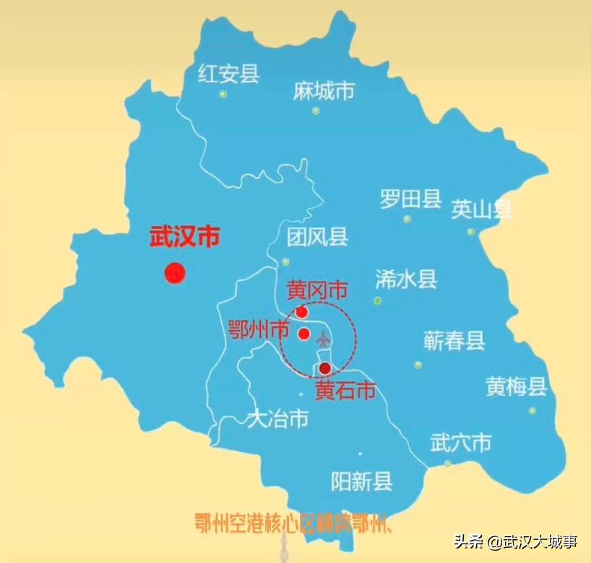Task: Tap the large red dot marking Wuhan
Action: (x=175, y=273)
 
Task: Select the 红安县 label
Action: (x=228, y=74)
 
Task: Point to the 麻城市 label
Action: (x=324, y=91)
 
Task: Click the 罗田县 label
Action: (x=410, y=199)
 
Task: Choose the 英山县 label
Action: (x=481, y=209)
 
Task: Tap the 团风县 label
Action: (x=317, y=237)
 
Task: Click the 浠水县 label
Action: (x=406, y=279)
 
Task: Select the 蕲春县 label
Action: (x=454, y=341)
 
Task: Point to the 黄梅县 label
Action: (x=516, y=387)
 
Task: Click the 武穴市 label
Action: (x=460, y=442)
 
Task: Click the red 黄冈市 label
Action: (x=317, y=290)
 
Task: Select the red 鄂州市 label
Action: (x=258, y=329)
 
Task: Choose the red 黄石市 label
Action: (x=345, y=390)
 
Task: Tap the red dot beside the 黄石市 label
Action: (x=325, y=368)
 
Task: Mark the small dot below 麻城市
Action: (x=316, y=110)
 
